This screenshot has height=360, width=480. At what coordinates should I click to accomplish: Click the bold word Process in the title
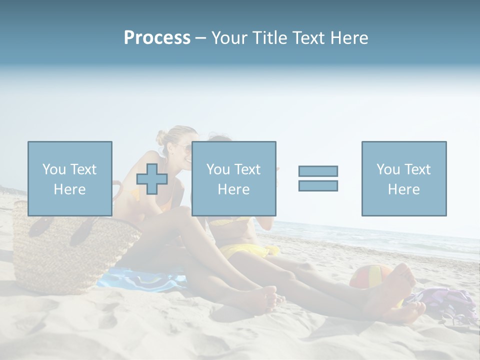coord(157,38)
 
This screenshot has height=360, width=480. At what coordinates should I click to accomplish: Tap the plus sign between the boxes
coord(152,179)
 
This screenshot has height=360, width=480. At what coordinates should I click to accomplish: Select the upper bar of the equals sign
coord(318,171)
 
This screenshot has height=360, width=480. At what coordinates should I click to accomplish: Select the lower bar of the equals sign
coord(318,185)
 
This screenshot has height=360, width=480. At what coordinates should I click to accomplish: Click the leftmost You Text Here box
coord(70,178)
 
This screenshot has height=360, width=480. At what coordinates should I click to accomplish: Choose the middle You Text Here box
coord(233,178)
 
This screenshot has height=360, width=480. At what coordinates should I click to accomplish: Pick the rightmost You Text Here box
coord(404,178)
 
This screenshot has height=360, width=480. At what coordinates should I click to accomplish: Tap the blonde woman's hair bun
coord(161,136)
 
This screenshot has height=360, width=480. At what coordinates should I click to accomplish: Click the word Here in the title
coord(348,38)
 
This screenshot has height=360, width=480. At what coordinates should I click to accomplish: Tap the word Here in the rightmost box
coord(404,189)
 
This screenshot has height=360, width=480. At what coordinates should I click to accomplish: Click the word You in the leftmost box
coord(53,169)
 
